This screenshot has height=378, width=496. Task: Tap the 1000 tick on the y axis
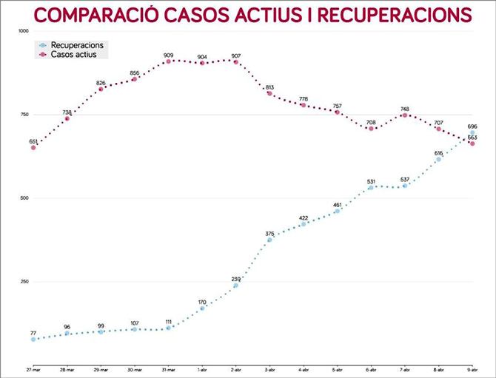click(22, 31)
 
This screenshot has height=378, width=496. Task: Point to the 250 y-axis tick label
click(24, 282)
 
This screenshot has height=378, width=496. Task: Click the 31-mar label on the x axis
click(168, 369)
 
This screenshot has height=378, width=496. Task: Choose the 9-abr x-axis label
click(472, 369)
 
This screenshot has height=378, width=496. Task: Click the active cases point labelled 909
click(169, 61)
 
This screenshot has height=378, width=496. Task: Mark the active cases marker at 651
click(33, 147)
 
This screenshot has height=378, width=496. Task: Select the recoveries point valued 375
click(269, 240)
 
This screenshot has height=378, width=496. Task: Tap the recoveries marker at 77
click(33, 340)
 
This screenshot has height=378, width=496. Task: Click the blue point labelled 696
click(472, 133)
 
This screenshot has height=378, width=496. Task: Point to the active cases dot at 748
click(404, 115)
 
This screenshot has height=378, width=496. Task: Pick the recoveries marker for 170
click(202, 308)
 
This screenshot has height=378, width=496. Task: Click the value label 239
click(236, 279)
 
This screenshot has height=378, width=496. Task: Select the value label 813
click(269, 87)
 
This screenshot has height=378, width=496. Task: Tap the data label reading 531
click(371, 181)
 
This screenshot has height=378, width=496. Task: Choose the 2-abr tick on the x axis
click(235, 369)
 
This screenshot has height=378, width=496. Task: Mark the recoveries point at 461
click(337, 211)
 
